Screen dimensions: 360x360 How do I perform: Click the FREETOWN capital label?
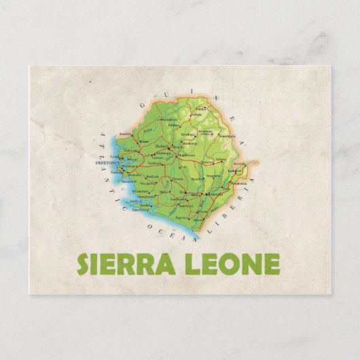coord(107,163)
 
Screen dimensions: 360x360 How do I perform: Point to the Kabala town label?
coord(196,114)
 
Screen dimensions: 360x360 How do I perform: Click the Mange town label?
coord(143,142)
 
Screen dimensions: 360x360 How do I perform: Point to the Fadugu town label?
coord(175,125)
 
